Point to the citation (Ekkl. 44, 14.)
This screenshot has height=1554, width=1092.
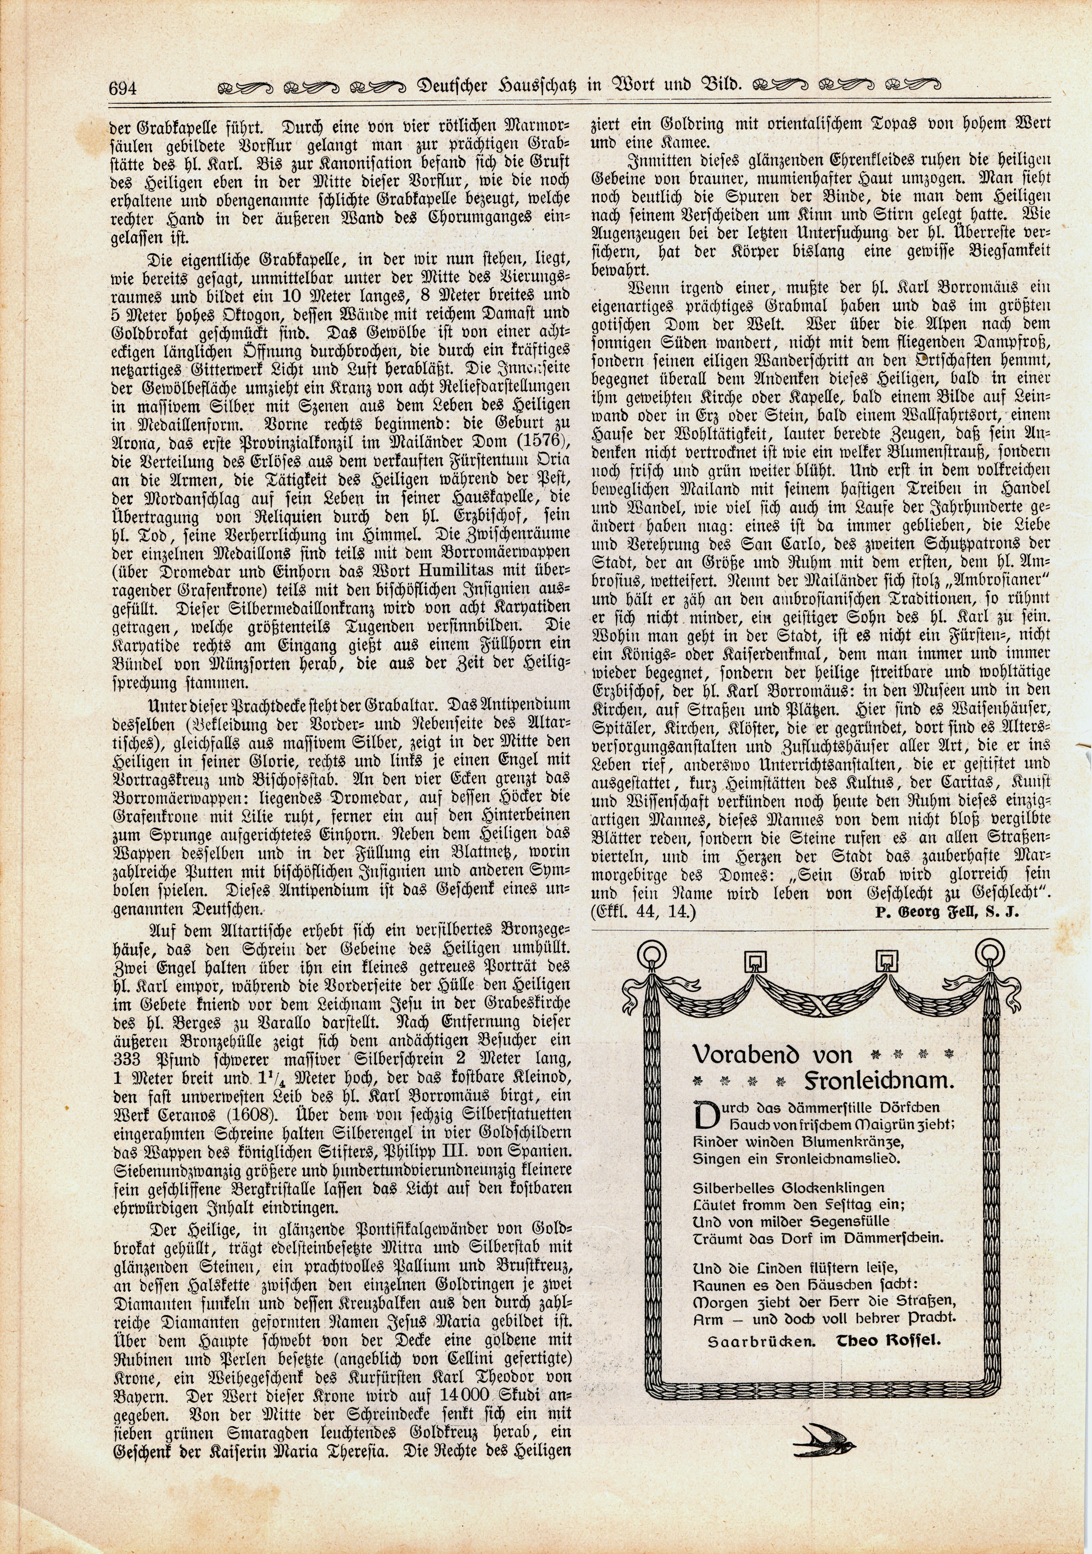(643, 912)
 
